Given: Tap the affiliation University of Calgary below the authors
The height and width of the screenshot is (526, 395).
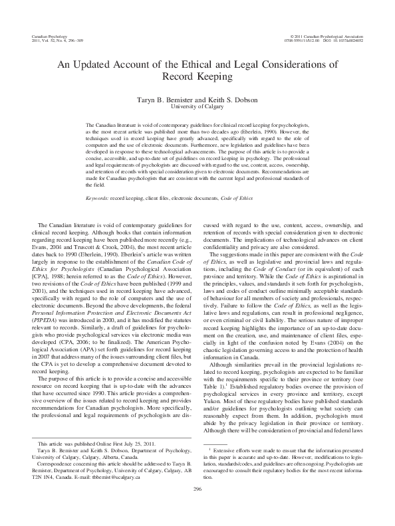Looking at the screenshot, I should click(197, 105).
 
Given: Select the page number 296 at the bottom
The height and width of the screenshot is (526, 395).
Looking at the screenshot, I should click(197, 507).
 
